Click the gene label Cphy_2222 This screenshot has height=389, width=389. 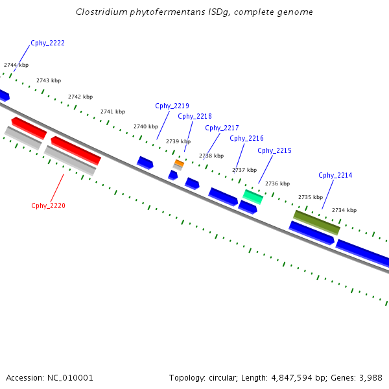[47, 43]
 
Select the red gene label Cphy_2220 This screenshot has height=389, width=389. [48, 206]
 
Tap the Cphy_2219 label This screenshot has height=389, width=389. [172, 106]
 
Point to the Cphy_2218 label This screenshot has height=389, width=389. [194, 116]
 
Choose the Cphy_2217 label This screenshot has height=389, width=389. [222, 128]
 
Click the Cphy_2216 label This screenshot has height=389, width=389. [246, 138]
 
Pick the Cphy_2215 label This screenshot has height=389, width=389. [274, 150]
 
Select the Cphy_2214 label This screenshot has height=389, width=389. [335, 175]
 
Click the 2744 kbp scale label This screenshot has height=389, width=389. [16, 65]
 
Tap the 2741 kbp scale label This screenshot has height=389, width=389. [112, 112]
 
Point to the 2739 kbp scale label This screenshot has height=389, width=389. [178, 141]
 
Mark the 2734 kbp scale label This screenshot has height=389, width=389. [344, 210]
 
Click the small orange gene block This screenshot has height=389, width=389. [179, 163]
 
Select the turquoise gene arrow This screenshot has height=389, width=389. [253, 196]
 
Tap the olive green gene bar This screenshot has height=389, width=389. [316, 222]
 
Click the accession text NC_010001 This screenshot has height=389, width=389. [71, 377]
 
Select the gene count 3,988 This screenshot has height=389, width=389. [370, 377]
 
